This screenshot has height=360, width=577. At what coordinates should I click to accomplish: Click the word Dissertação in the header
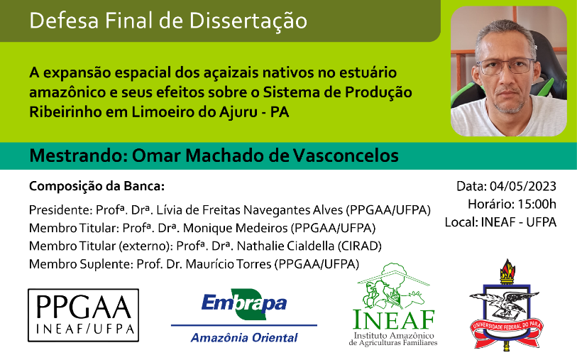248,21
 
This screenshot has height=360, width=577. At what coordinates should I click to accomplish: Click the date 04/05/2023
523,186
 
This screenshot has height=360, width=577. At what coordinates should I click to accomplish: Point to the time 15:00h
537,204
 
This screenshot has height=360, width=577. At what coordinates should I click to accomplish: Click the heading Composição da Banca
97,187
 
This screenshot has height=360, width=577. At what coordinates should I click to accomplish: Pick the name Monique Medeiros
235,228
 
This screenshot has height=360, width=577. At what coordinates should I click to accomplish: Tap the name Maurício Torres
229,264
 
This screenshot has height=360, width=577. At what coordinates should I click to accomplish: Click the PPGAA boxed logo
84,315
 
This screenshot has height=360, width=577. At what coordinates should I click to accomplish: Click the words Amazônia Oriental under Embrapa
244,337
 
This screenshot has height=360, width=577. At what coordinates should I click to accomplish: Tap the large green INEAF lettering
394,320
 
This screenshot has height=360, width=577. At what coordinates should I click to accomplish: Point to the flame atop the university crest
507,268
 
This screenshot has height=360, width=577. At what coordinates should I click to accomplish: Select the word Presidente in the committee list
60,210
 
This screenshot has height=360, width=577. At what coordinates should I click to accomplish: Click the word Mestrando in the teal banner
77,156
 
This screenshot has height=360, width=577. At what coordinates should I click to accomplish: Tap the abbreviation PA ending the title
280,112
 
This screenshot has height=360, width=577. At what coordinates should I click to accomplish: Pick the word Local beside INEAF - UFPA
461,222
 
